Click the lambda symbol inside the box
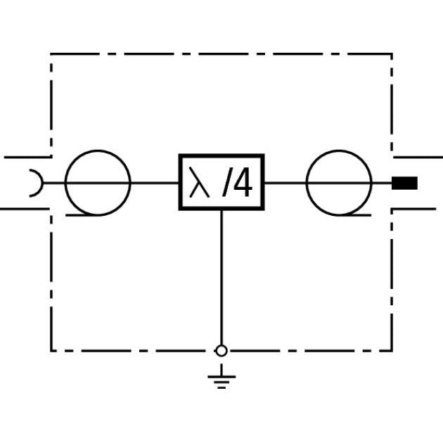(x=199, y=182)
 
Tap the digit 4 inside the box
(x=243, y=182)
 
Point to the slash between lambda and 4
(x=225, y=182)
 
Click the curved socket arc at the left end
(x=41, y=183)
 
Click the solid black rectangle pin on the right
(x=404, y=183)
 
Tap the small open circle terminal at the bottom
(x=222, y=351)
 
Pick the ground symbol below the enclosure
(x=222, y=376)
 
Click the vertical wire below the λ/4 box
(x=222, y=278)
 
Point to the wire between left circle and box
(x=155, y=183)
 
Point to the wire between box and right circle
(x=285, y=183)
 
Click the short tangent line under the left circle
(x=82, y=215)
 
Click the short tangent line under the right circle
(x=355, y=215)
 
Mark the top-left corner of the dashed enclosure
(x=51, y=53)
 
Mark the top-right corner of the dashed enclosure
(x=392, y=53)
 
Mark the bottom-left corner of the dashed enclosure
(x=51, y=351)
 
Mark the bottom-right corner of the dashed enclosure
(x=392, y=351)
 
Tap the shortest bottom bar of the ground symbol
(x=222, y=387)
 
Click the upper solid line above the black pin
(x=418, y=157)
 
